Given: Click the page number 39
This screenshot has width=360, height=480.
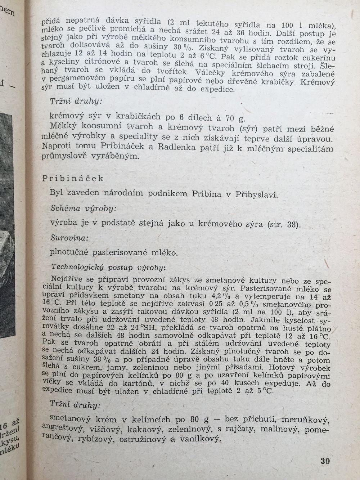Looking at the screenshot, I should [324, 461].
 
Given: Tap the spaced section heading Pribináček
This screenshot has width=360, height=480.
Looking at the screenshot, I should [73, 179].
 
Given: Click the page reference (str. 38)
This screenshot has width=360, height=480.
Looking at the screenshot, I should [284, 224].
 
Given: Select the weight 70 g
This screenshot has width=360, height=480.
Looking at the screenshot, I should [234, 118].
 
